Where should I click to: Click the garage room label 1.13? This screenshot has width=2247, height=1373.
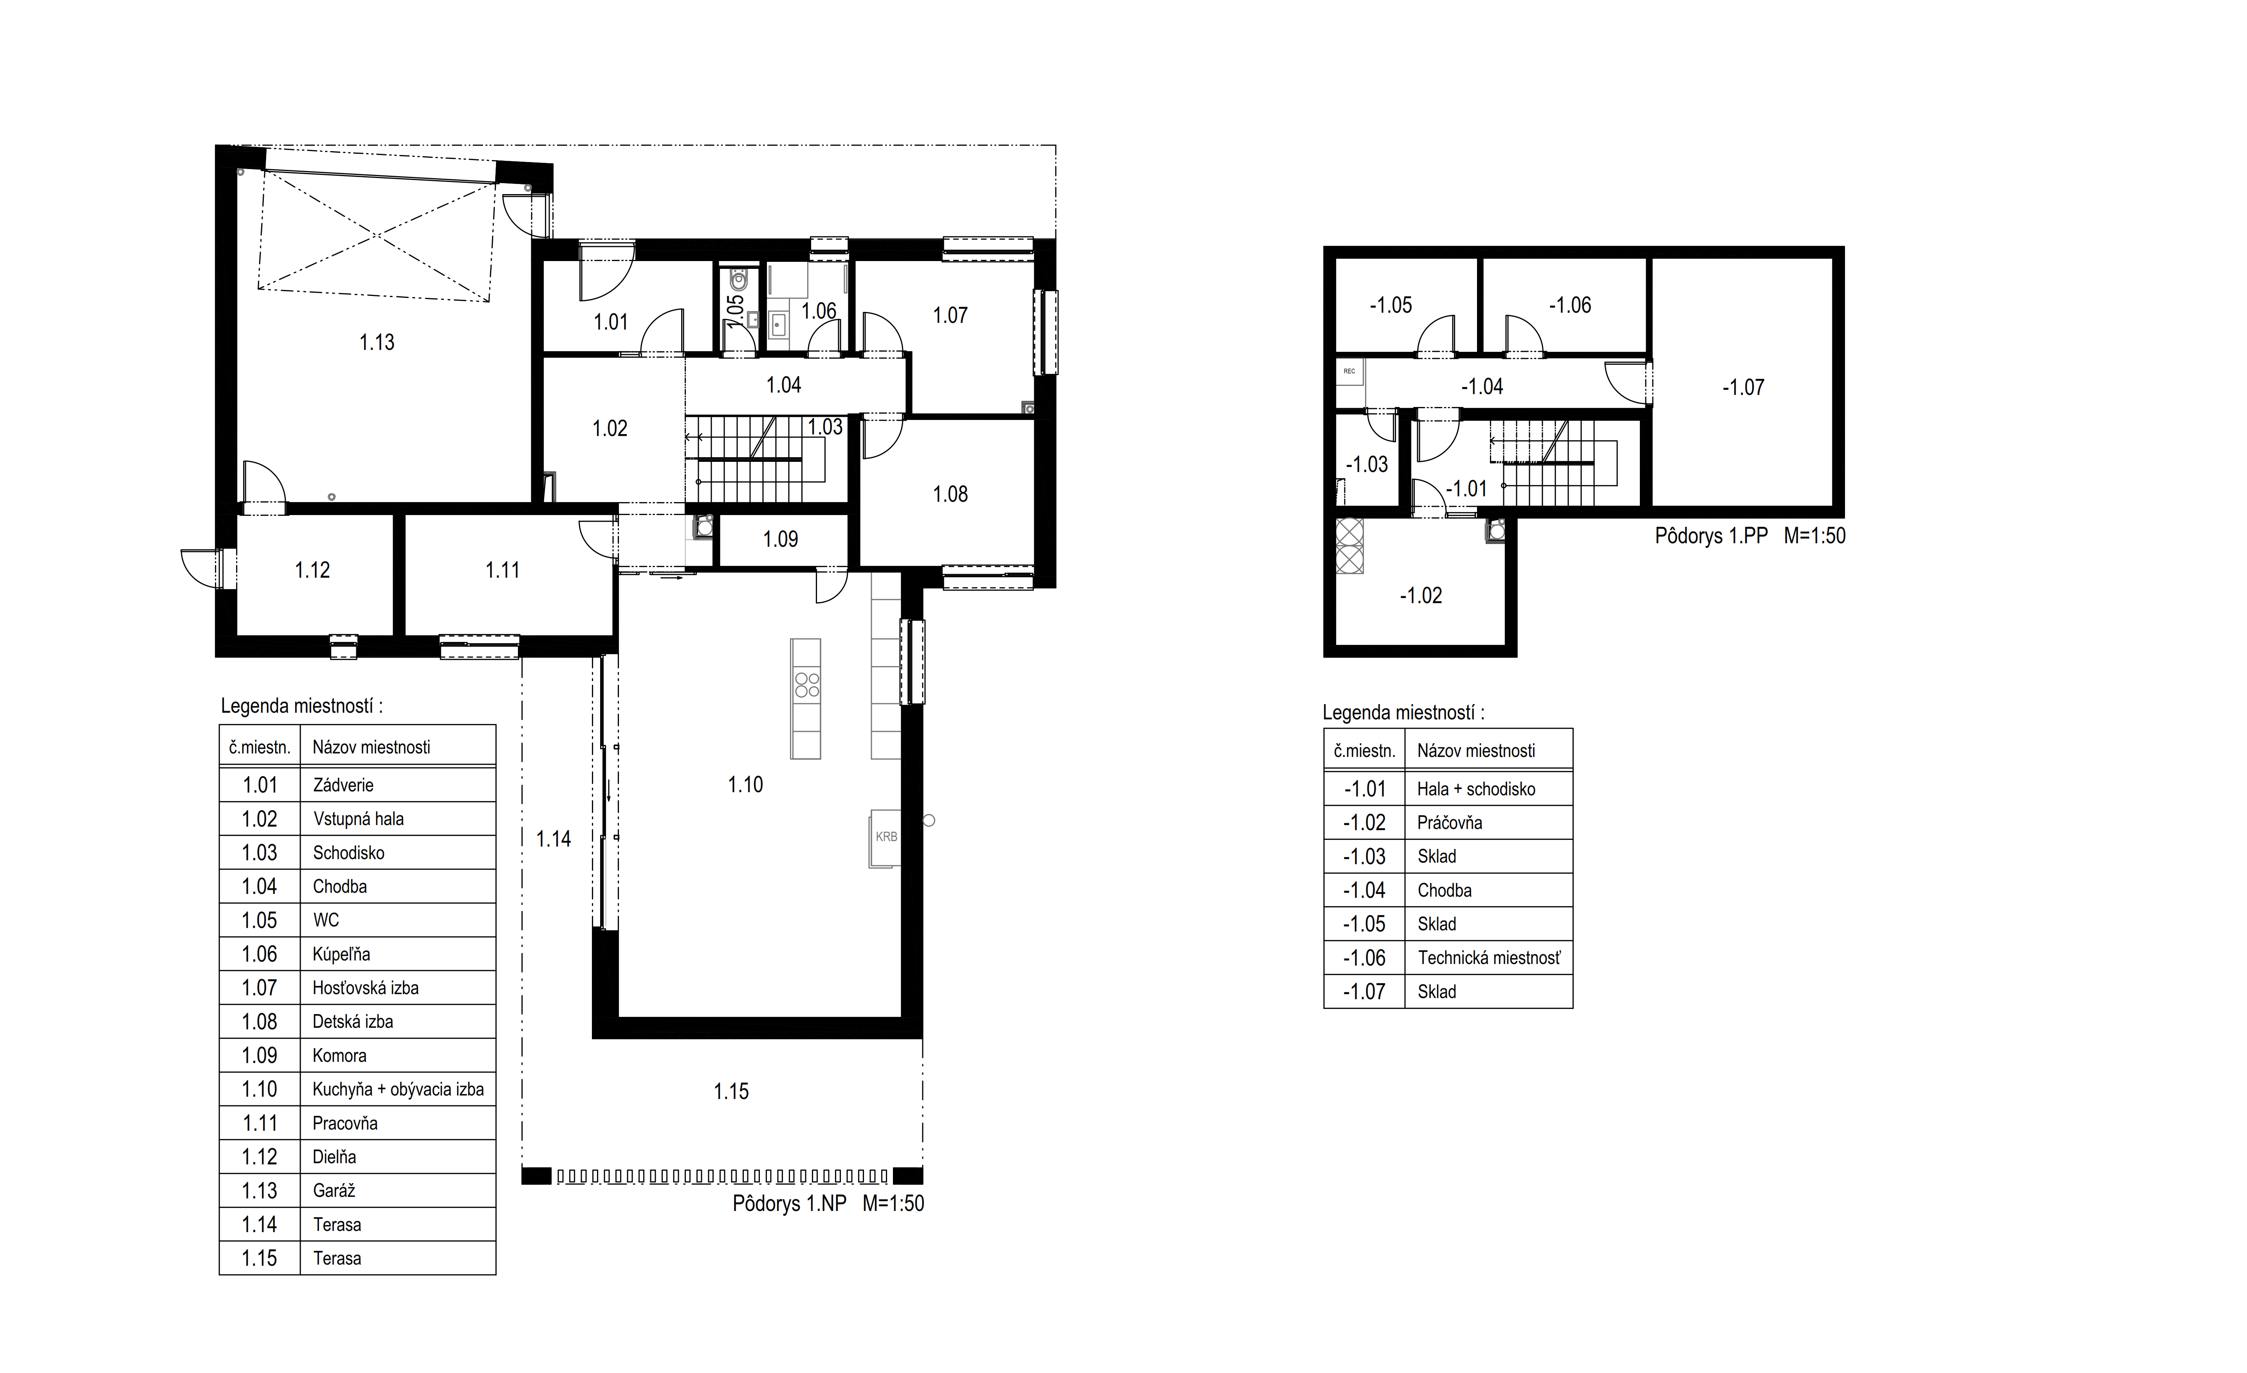click(x=377, y=343)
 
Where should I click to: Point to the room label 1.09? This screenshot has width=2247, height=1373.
click(x=781, y=540)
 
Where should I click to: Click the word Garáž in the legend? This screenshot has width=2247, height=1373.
click(x=334, y=1191)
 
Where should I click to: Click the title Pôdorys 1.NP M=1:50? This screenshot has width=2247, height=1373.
click(x=828, y=1204)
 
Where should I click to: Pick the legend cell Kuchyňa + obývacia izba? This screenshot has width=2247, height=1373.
click(x=398, y=1090)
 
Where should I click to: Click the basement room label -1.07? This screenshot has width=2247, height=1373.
click(x=1743, y=387)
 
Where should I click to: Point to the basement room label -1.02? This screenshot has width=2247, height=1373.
click(x=1421, y=596)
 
